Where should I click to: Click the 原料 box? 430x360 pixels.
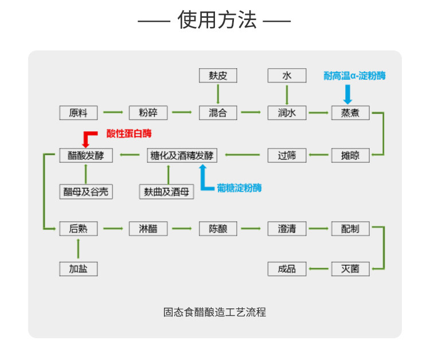tap(79, 113)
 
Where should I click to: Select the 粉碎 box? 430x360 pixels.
tap(148, 113)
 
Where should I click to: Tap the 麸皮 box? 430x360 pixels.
tap(218, 76)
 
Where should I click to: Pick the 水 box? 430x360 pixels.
tap(287, 76)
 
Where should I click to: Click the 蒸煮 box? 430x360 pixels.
tap(350, 113)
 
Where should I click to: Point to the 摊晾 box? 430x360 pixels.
tap(350, 155)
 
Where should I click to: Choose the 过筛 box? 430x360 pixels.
tap(287, 155)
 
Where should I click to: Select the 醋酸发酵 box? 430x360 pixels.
tap(85, 155)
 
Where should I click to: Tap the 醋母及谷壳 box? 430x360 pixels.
tap(85, 192)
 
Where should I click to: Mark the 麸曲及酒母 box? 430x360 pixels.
tap(166, 192)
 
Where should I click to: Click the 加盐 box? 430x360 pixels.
tap(79, 268)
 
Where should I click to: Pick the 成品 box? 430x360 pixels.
tap(287, 268)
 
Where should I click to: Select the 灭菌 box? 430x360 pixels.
tap(350, 268)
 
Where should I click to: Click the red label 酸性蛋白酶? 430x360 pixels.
tap(129, 134)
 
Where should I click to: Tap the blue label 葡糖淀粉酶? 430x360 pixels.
tap(239, 187)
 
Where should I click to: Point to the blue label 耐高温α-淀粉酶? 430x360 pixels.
tap(354, 76)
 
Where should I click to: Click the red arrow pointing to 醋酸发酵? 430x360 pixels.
tap(87, 139)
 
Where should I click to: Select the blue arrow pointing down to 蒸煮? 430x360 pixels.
tap(347, 93)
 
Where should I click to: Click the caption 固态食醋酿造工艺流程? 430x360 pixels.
tap(214, 312)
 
